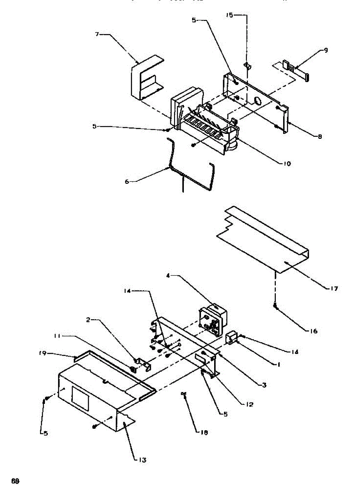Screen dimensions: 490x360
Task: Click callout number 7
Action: click(x=97, y=35)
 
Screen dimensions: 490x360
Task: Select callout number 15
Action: click(x=229, y=15)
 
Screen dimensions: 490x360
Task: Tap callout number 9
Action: click(x=326, y=50)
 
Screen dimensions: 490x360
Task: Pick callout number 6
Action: click(x=127, y=181)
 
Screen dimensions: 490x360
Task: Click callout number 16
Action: click(x=313, y=331)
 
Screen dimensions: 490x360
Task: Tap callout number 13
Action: click(x=141, y=460)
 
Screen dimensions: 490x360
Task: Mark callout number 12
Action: click(x=249, y=405)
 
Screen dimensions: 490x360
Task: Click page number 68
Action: click(x=16, y=480)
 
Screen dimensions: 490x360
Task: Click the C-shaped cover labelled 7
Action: click(x=145, y=78)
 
